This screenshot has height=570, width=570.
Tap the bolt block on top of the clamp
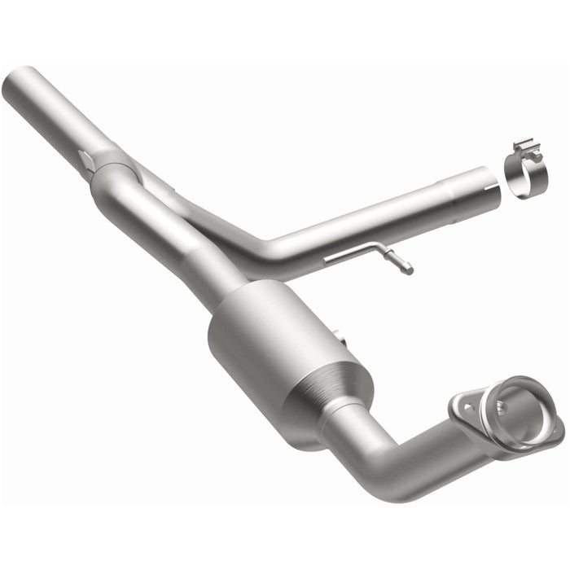click(526, 149)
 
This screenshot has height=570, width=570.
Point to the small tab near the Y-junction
click(85, 159)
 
